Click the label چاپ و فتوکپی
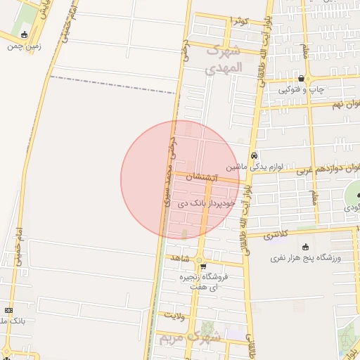(300, 89)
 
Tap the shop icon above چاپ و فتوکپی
(302, 79)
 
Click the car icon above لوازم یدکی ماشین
(254, 155)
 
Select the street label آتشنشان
(203, 179)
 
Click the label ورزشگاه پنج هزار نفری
(306, 258)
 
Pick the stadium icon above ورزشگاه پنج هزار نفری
(305, 247)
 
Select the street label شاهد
(181, 259)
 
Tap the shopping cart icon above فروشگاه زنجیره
(202, 266)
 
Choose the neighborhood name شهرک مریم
(190, 337)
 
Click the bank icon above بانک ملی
(8, 310)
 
